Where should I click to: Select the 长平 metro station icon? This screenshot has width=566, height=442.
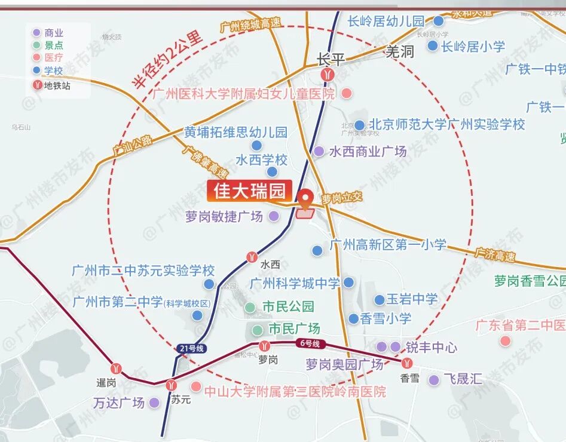pyautogui.click(x=327, y=74)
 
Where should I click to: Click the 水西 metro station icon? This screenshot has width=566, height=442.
pyautogui.click(x=252, y=257)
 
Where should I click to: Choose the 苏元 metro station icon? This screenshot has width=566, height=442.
pyautogui.click(x=172, y=385)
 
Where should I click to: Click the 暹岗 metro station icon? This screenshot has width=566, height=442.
pyautogui.click(x=117, y=369)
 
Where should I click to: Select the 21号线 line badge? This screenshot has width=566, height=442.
pyautogui.click(x=191, y=348)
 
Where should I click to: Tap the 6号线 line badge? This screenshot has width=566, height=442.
pyautogui.click(x=308, y=343)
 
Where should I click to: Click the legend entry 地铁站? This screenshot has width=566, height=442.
pyautogui.click(x=57, y=85)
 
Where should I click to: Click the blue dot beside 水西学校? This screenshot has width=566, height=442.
pyautogui.click(x=272, y=172)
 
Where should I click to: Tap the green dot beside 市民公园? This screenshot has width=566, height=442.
pyautogui.click(x=250, y=308)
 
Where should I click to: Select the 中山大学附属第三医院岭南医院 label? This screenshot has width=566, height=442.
pyautogui.click(x=295, y=392)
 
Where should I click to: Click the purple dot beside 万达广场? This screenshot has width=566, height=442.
pyautogui.click(x=154, y=403)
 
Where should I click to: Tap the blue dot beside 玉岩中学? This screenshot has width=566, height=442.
pyautogui.click(x=380, y=300)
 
